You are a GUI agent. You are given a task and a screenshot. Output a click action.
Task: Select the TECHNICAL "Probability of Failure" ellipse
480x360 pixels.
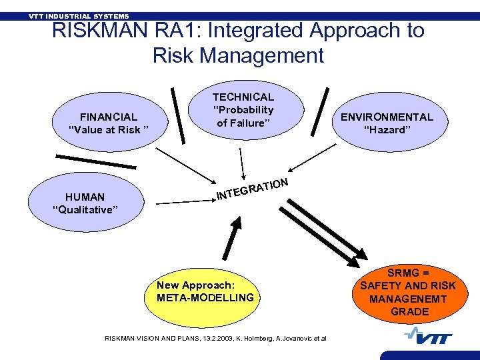click(243, 110)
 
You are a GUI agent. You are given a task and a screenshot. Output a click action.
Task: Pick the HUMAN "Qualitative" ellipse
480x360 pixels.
click(85, 203)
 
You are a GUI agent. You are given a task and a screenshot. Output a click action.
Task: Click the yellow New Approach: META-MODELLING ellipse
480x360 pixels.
click(205, 291)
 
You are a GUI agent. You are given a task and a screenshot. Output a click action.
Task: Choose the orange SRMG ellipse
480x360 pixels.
click(408, 292)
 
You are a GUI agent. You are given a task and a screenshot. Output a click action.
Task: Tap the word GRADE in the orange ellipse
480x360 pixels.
click(409, 311)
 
